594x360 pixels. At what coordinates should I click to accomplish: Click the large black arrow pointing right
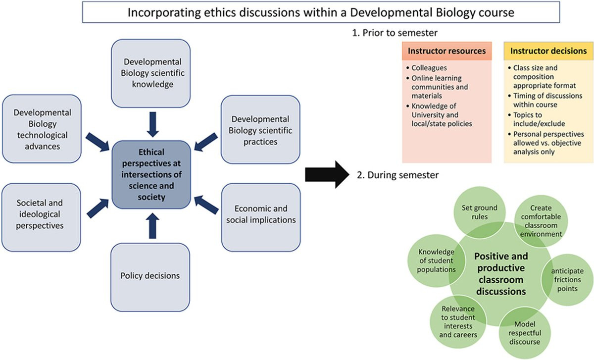[x=327, y=175]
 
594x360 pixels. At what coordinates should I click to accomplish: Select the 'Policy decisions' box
[x=150, y=277]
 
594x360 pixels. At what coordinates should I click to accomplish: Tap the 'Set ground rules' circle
[x=480, y=212]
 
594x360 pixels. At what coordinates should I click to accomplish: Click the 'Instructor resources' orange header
[x=447, y=51]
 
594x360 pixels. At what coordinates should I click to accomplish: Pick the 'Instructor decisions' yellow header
[x=548, y=51]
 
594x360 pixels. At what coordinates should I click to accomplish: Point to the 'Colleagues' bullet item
[x=426, y=68]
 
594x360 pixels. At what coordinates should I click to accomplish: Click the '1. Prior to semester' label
[x=395, y=33]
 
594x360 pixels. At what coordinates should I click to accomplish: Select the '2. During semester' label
[x=398, y=175]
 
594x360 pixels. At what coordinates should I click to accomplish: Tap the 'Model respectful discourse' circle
[x=525, y=333]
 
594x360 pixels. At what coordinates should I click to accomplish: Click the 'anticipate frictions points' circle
[x=567, y=280]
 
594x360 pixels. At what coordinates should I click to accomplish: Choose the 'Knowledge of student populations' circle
[x=436, y=260]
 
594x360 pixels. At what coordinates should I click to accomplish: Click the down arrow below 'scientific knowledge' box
[x=153, y=124]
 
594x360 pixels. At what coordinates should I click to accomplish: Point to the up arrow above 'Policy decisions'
[x=152, y=226]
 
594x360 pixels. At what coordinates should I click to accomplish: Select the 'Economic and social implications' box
[x=261, y=217]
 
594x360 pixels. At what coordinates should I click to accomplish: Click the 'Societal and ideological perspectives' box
[x=41, y=217]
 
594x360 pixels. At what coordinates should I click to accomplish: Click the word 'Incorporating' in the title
[x=164, y=13]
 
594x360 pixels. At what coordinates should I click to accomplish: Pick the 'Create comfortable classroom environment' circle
[x=541, y=221]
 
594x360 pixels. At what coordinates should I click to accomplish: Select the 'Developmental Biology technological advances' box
[x=42, y=129]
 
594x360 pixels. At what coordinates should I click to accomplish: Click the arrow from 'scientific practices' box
[x=206, y=142]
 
